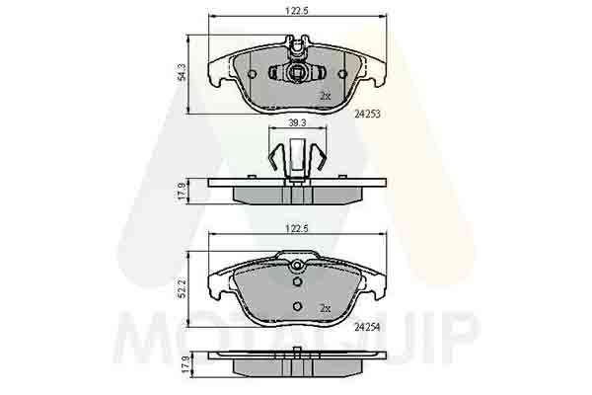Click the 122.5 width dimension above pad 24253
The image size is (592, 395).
pos(297,11)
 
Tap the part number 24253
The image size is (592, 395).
pos(367,114)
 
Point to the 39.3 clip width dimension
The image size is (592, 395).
pos(297,123)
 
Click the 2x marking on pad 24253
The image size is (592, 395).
pos(325,96)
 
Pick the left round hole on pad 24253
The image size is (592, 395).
pos(252,74)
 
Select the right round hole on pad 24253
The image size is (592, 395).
pos(342,74)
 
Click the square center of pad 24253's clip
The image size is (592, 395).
pos(297,72)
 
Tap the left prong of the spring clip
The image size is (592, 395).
pos(276,156)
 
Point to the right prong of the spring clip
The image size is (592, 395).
pos(319,156)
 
